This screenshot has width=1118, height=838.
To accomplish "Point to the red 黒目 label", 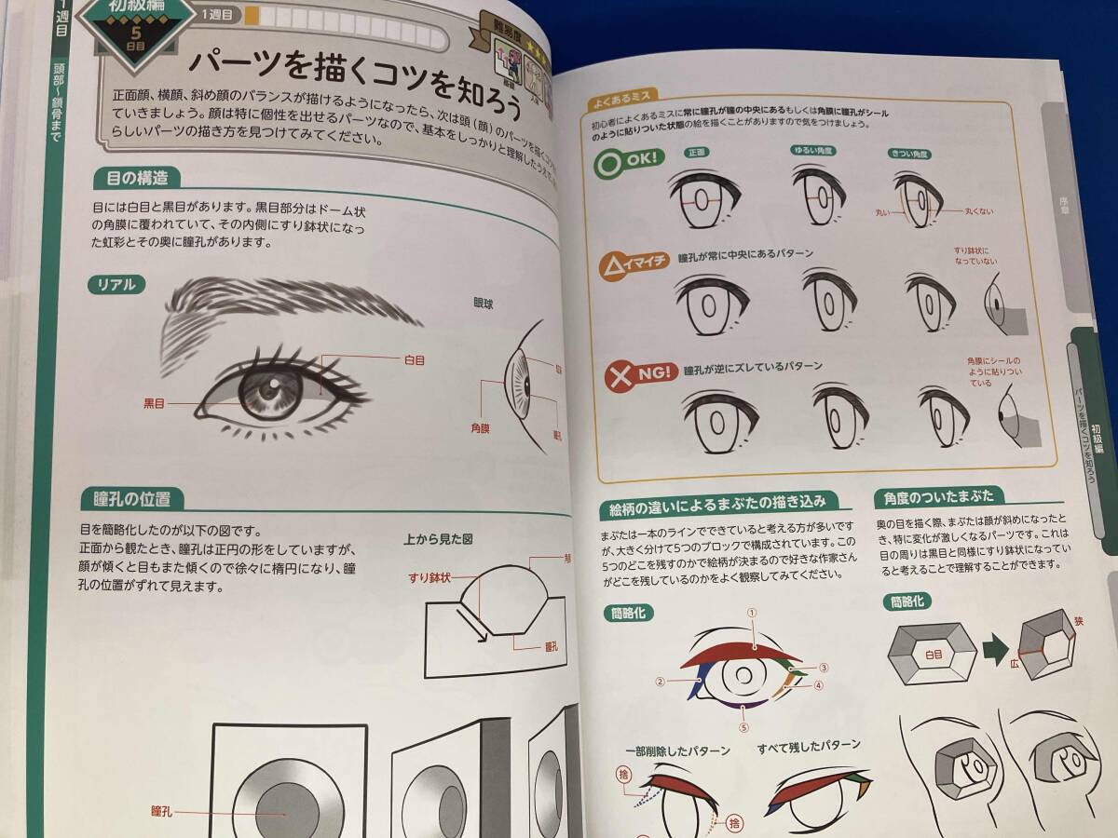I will (x=156, y=403).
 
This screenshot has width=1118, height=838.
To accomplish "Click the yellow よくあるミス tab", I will (x=620, y=97).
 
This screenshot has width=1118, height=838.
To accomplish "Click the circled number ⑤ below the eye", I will (x=743, y=728).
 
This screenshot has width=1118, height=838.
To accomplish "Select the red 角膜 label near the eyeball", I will (x=481, y=428).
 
